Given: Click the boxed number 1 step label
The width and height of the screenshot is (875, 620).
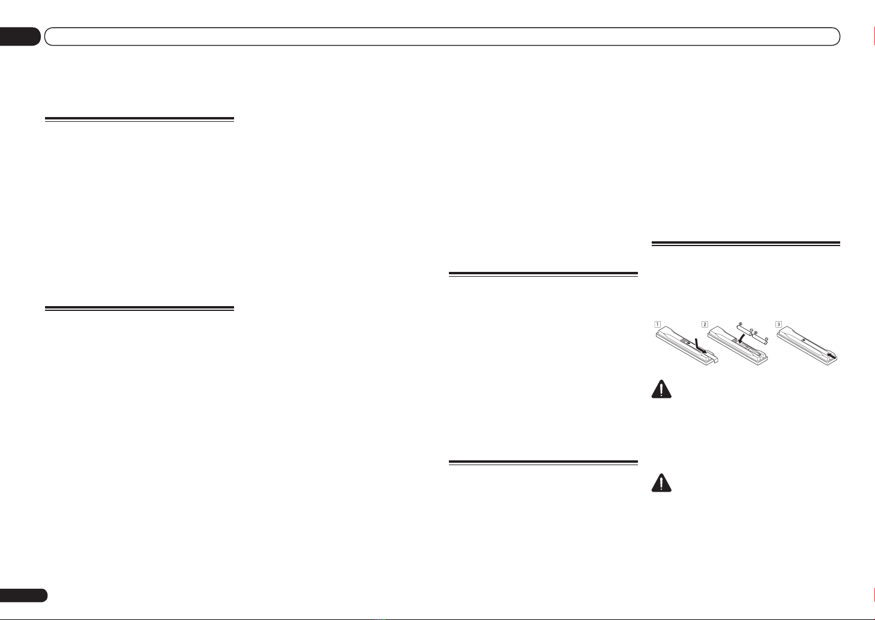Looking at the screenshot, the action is pos(658,324).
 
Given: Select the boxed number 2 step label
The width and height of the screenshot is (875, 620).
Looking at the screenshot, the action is pos(705,324).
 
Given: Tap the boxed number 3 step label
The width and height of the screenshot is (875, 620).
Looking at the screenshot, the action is pos(778,324).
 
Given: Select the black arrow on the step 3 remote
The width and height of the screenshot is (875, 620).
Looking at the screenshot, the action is pos(831,357).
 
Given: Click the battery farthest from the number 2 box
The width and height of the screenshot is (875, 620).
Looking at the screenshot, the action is pos(760,337).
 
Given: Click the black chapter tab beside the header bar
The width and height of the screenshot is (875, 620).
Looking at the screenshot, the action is pos(20,37).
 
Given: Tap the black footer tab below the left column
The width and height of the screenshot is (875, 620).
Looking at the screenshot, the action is pos(23,595).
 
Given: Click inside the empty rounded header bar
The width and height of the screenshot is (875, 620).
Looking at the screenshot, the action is pos(442,37).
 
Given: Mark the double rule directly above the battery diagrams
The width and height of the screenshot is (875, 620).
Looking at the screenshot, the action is pos(746,244).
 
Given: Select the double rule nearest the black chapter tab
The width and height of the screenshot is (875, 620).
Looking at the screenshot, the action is pos(139,119).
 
